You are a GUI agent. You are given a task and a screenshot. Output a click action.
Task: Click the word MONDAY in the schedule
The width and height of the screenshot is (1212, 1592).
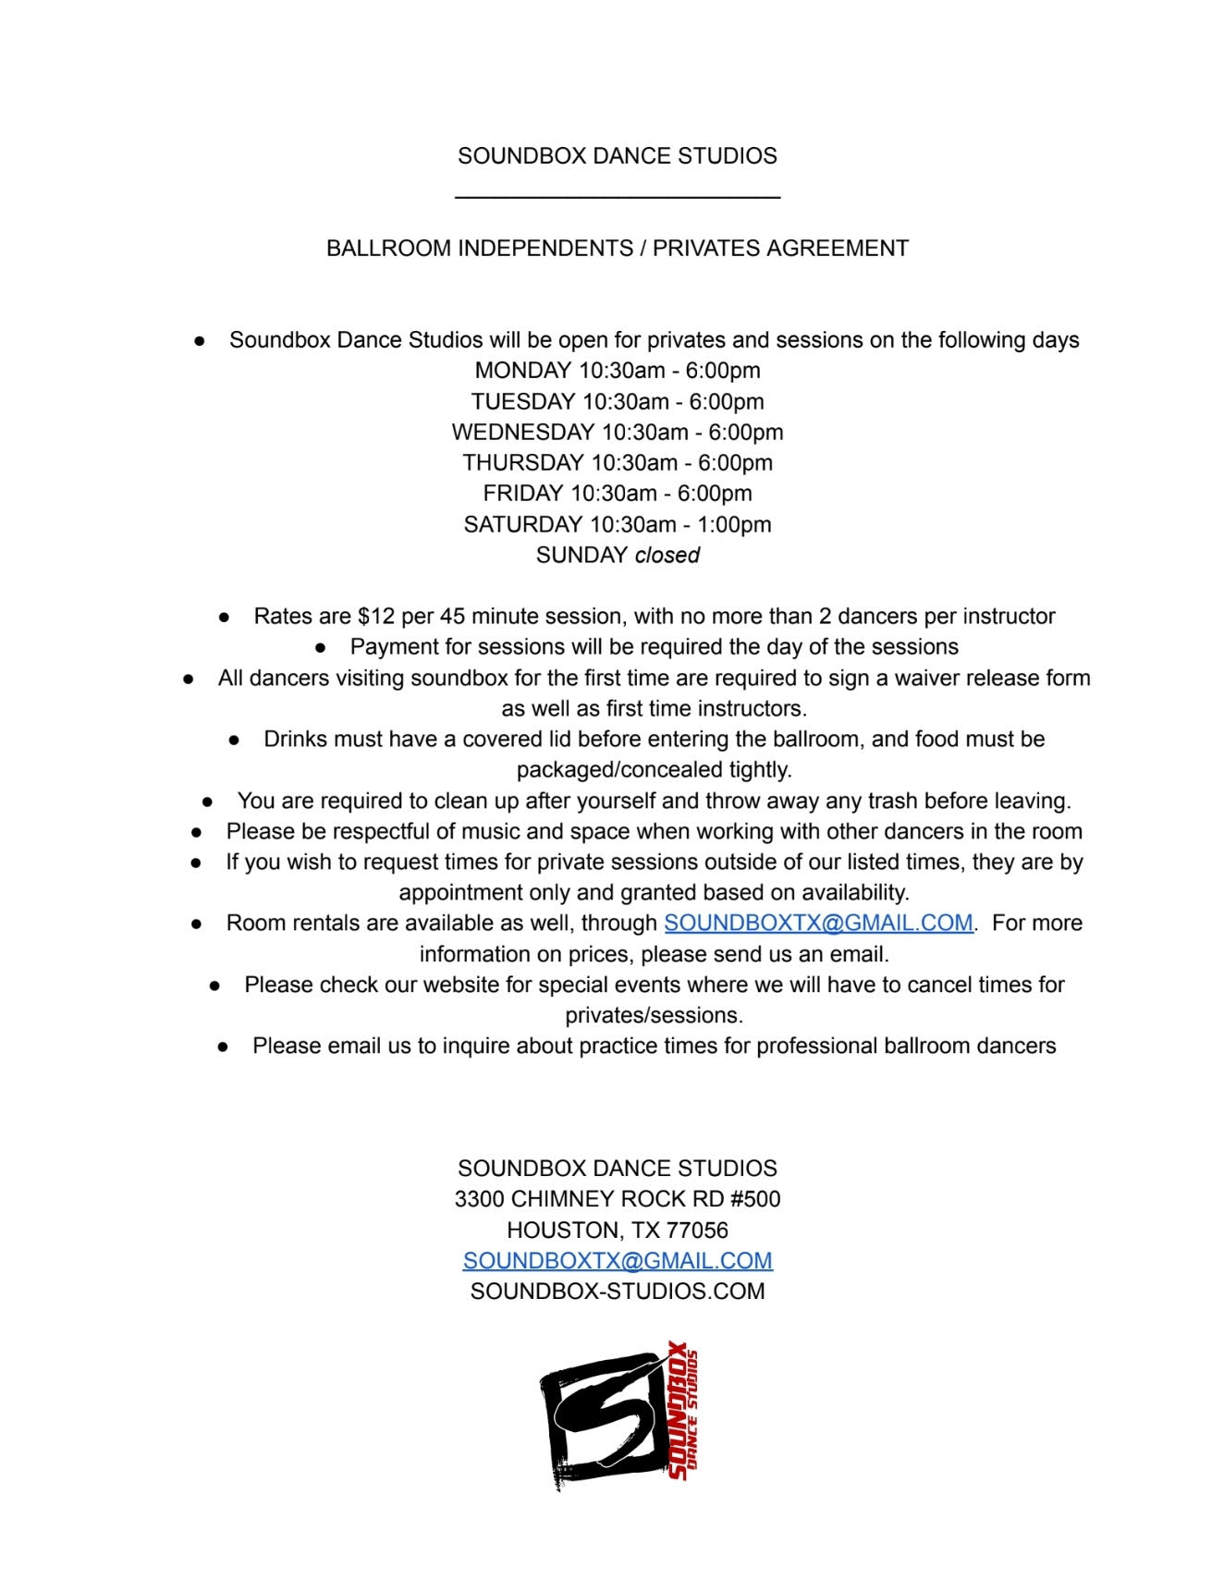[522, 371]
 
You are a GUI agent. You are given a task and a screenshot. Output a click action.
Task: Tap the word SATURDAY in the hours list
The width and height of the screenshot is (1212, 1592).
[522, 524]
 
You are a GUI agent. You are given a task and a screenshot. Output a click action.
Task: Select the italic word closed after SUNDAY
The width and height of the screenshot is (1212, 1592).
[667, 555]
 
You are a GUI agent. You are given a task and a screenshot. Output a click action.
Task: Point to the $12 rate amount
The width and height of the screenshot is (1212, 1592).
[368, 617]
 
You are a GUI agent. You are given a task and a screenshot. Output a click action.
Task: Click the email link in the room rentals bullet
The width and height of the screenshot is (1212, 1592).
[818, 923]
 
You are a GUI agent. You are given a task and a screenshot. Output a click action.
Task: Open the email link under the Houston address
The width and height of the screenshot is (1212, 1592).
[618, 1260]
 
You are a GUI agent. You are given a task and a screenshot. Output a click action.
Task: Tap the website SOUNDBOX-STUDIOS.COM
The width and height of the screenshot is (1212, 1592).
[618, 1291]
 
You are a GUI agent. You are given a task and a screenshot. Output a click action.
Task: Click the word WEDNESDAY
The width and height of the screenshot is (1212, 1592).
[522, 432]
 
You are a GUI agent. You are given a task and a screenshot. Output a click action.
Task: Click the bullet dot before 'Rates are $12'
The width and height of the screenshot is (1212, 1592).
[224, 618]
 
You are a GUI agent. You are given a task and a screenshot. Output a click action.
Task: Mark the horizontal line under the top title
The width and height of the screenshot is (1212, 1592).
[618, 196]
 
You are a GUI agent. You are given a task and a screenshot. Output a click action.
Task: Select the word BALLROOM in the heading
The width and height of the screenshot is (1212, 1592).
[387, 249]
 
